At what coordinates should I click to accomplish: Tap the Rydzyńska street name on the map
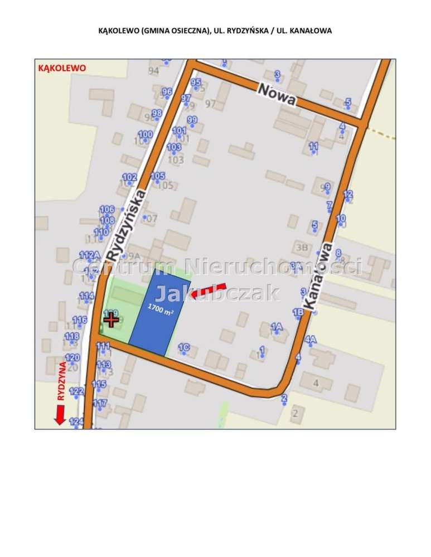[x=127, y=224]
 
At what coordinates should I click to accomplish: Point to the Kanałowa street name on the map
[x=318, y=276]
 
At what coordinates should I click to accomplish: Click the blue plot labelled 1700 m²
[x=158, y=312]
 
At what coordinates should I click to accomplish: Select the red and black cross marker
[x=111, y=319]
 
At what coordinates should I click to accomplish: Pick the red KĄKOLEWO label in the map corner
[x=61, y=67]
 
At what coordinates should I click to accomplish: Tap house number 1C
[x=183, y=348]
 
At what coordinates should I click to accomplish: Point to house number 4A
[x=311, y=339]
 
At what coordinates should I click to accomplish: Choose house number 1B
[x=298, y=312]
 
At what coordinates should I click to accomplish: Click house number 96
[x=167, y=91]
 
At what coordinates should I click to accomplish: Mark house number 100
[x=145, y=134]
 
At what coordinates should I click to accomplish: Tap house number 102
[x=129, y=177]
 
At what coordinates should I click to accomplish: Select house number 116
[x=80, y=319]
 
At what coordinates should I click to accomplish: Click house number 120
[x=72, y=357]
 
